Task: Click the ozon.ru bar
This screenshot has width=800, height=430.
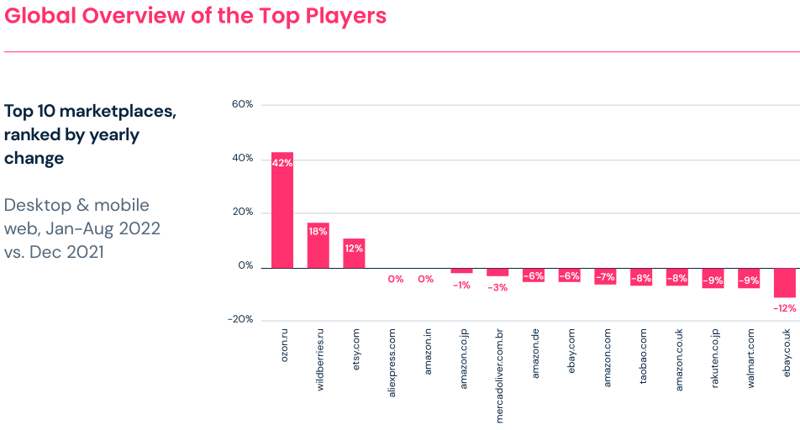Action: tap(282, 210)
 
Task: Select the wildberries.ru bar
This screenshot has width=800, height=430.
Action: tap(318, 245)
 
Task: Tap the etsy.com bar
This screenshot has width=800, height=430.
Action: tap(354, 253)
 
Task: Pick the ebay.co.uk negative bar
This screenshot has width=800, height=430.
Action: tap(785, 283)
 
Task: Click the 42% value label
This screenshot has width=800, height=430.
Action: tap(282, 163)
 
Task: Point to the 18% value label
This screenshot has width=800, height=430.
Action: tap(318, 231)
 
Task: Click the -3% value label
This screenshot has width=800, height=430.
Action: tap(497, 287)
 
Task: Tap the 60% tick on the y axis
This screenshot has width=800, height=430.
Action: tap(241, 104)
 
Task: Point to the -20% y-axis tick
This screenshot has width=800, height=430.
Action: tap(239, 319)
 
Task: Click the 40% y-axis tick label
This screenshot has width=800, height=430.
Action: tap(241, 158)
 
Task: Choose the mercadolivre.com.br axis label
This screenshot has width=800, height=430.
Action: tap(498, 375)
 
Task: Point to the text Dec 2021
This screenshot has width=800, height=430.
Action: tap(66, 251)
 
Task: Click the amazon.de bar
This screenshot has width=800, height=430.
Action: tap(534, 275)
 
